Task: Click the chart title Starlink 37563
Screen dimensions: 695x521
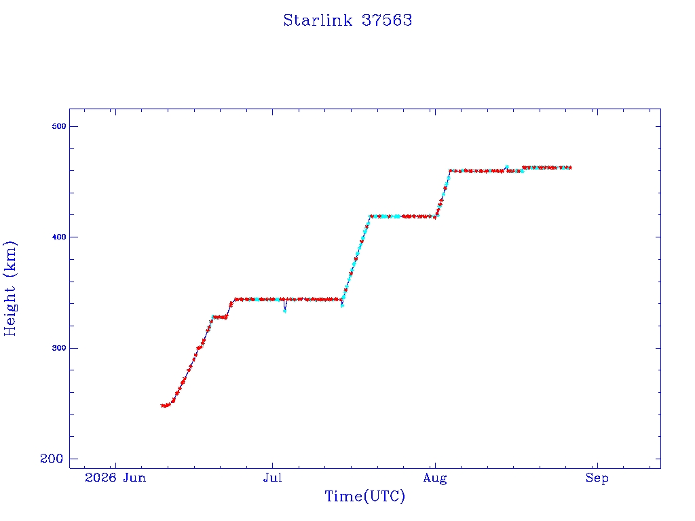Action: tap(347, 20)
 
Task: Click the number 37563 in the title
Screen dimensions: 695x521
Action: tap(387, 20)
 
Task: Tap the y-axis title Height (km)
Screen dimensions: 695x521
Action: tap(10, 289)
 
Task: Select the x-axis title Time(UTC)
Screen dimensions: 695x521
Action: tap(364, 496)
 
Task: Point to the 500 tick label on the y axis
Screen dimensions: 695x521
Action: tap(58, 126)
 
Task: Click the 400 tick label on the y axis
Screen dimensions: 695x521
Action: tap(58, 237)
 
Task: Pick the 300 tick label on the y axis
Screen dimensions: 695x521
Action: tap(58, 348)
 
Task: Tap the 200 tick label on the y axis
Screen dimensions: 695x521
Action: tap(52, 459)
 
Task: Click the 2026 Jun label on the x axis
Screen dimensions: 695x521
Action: tap(115, 478)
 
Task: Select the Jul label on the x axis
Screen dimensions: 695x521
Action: tap(272, 478)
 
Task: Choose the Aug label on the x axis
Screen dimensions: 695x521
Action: tap(435, 478)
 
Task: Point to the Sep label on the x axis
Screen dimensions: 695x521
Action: tap(597, 478)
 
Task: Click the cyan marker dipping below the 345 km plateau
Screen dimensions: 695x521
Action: tap(284, 311)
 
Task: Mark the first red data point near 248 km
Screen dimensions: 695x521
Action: tap(163, 406)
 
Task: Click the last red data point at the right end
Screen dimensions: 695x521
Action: tap(569, 168)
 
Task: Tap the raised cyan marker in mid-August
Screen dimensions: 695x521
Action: tap(506, 167)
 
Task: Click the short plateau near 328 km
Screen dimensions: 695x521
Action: tap(220, 317)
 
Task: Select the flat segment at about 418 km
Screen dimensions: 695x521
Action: tap(402, 216)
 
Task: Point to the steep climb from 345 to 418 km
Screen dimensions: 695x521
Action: tap(356, 258)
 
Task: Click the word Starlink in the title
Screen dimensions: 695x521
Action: tap(318, 20)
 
